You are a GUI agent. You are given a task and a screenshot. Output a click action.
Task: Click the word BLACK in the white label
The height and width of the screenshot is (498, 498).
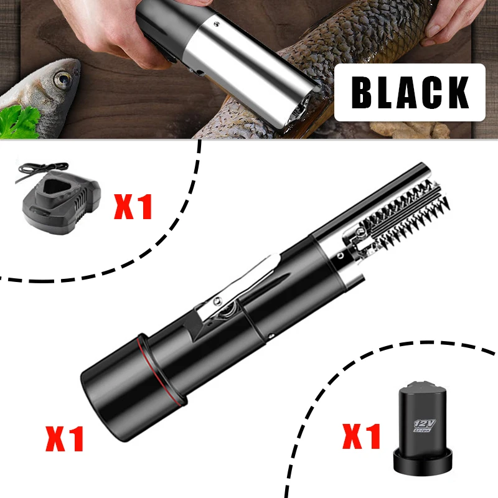[x=410, y=92]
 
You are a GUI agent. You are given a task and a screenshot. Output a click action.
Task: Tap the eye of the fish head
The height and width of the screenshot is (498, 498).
[x=63, y=79]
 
